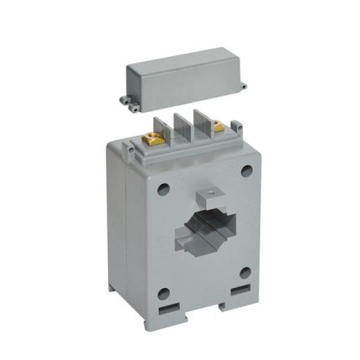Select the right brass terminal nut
point(219,128)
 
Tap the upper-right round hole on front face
point(245,172)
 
